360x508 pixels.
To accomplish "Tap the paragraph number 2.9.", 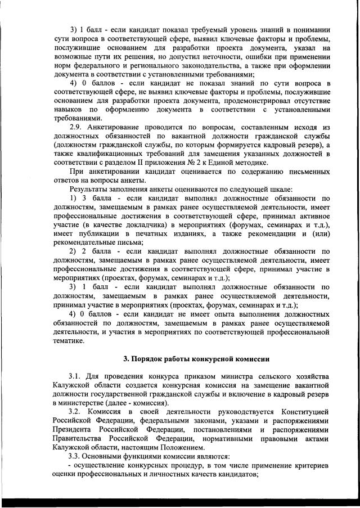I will coord(76,128).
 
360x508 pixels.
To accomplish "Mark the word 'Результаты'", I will coord(89,189).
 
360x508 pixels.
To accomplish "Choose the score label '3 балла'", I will coord(97,198).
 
